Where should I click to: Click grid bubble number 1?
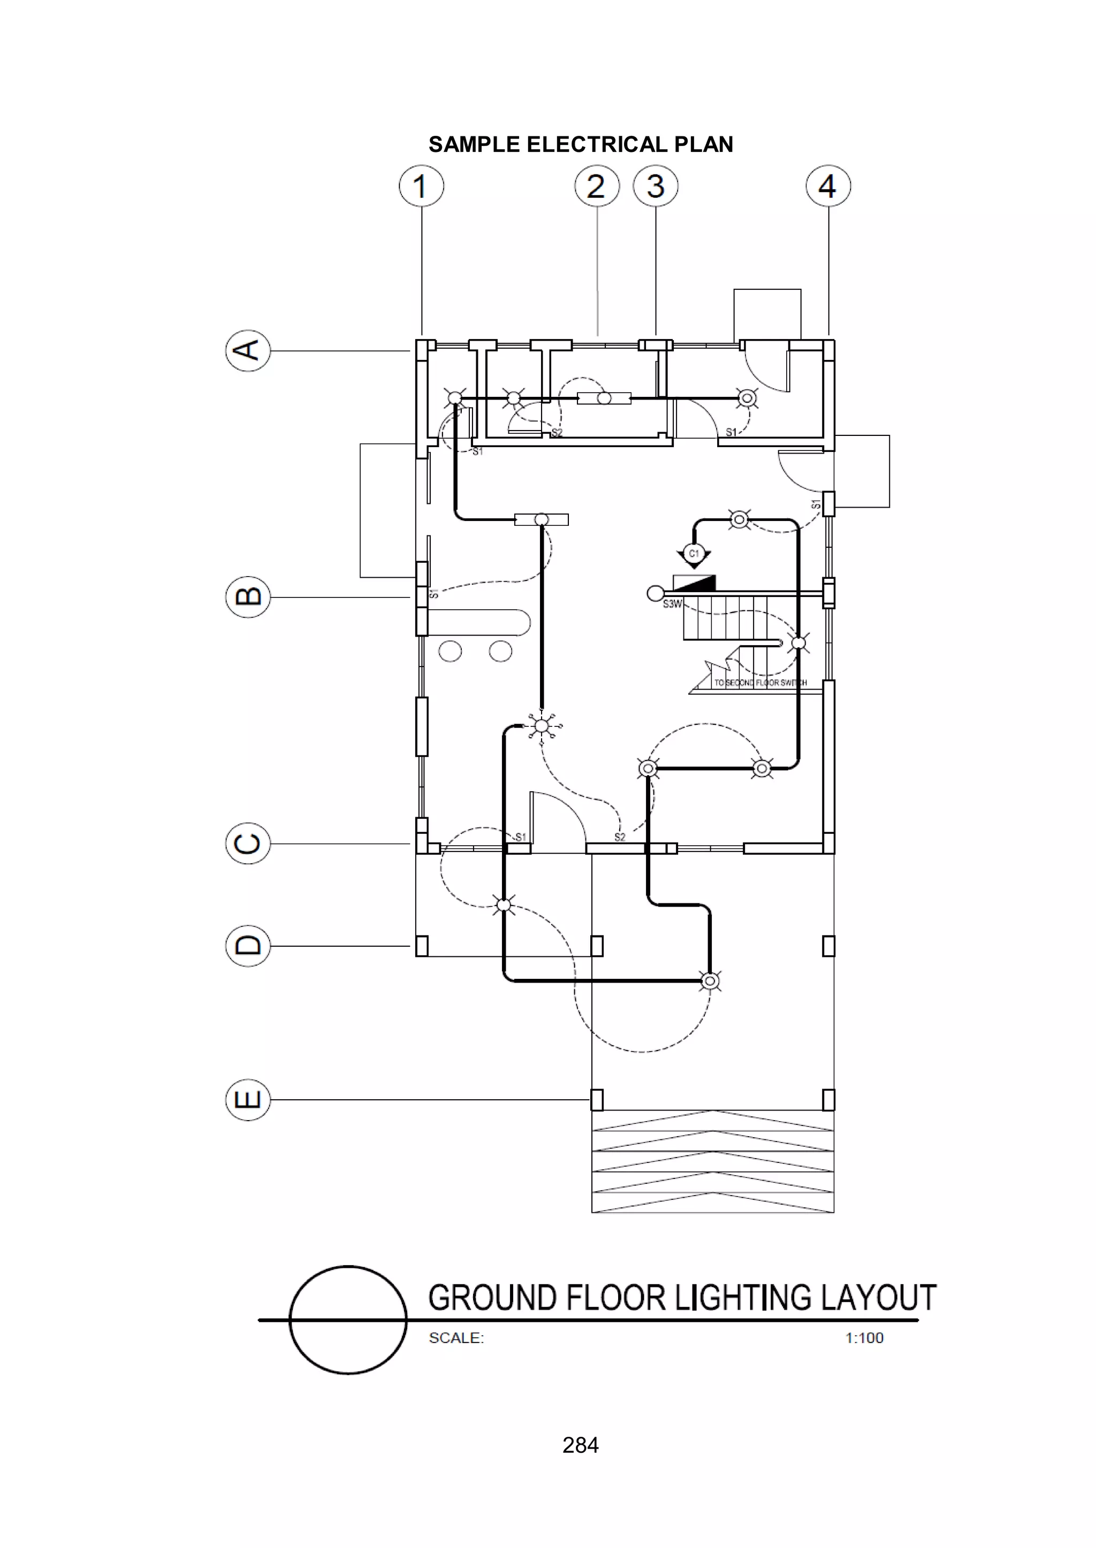click(421, 186)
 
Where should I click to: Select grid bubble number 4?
click(828, 186)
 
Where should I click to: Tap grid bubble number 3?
click(656, 186)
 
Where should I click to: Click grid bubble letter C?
click(248, 843)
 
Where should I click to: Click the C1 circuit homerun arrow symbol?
click(694, 555)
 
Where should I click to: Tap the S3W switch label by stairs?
click(672, 604)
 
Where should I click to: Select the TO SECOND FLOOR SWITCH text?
click(760, 683)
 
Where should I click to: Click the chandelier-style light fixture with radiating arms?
click(541, 726)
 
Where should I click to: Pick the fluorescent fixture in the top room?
click(604, 399)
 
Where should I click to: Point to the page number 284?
click(581, 1445)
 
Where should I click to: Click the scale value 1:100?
click(864, 1338)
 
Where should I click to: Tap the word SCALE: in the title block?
click(456, 1338)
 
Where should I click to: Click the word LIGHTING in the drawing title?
click(743, 1298)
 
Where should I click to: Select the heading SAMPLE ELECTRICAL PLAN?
click(581, 144)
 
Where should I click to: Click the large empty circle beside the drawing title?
click(348, 1320)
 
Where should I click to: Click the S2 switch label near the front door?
click(620, 837)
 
